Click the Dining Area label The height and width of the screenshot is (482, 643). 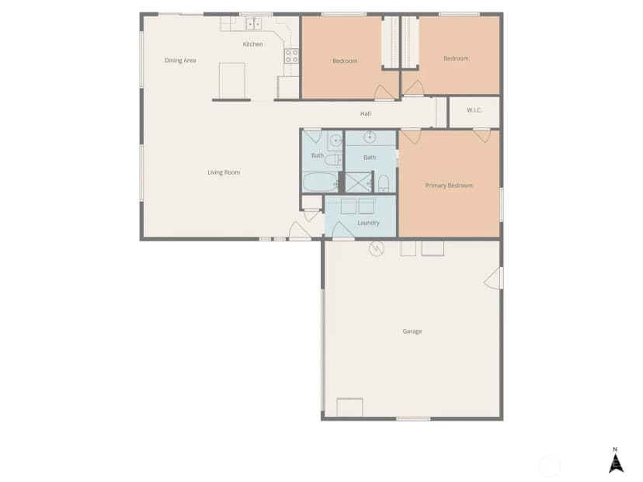point(180,61)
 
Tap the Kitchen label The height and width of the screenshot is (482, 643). point(252,44)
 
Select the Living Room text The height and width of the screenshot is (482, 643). point(224,172)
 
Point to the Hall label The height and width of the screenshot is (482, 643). point(366,113)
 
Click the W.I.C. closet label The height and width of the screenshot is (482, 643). point(474,110)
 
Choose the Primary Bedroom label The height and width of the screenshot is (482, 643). point(449,186)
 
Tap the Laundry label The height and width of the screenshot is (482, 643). point(368,223)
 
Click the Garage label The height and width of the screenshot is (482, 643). point(412,331)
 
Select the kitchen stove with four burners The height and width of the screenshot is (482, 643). point(291,56)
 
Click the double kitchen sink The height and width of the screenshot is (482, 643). point(253,24)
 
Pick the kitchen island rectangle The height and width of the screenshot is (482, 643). point(231,81)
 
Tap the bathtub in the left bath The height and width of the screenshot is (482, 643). point(321,182)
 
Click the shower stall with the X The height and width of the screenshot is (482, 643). point(358,182)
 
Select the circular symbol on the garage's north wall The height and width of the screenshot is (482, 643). point(377,248)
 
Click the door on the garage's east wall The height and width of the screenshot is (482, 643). point(493,279)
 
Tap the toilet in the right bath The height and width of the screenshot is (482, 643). point(384,184)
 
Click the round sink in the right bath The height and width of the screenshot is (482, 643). point(370,137)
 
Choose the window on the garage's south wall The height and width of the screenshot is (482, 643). point(413,419)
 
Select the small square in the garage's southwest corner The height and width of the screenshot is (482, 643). point(349,407)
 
